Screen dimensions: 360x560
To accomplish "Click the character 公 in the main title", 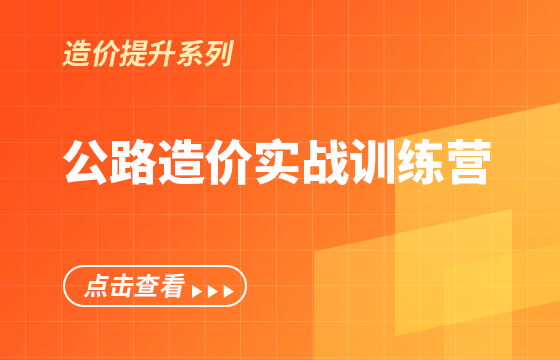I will click(x=87, y=163).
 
